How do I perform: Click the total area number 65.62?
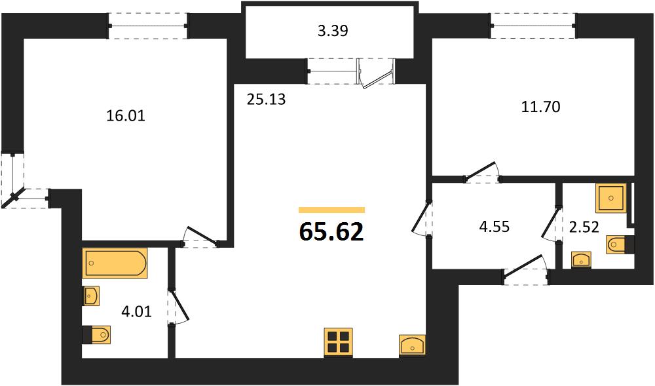tap(331, 232)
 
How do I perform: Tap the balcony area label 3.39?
tap(333, 31)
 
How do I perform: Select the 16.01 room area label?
tap(126, 116)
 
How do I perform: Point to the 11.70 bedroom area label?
tap(540, 107)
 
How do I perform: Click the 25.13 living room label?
tap(266, 100)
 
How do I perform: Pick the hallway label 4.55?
tap(495, 227)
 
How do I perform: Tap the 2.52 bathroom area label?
tap(584, 227)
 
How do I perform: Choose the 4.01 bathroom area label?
tap(136, 311)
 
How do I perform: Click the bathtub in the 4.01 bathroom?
tap(115, 263)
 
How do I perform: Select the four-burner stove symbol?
tap(339, 343)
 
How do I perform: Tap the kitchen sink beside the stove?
tap(412, 345)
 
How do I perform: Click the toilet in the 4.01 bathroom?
tap(96, 335)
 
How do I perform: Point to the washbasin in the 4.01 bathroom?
tap(91, 296)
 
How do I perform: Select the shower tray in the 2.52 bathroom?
tap(610, 198)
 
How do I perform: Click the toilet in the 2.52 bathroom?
tap(620, 245)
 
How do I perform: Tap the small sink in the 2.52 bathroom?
tap(581, 260)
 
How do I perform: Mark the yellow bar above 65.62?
tap(331, 210)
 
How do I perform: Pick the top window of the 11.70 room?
tap(533, 26)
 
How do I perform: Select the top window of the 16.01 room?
tap(148, 26)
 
